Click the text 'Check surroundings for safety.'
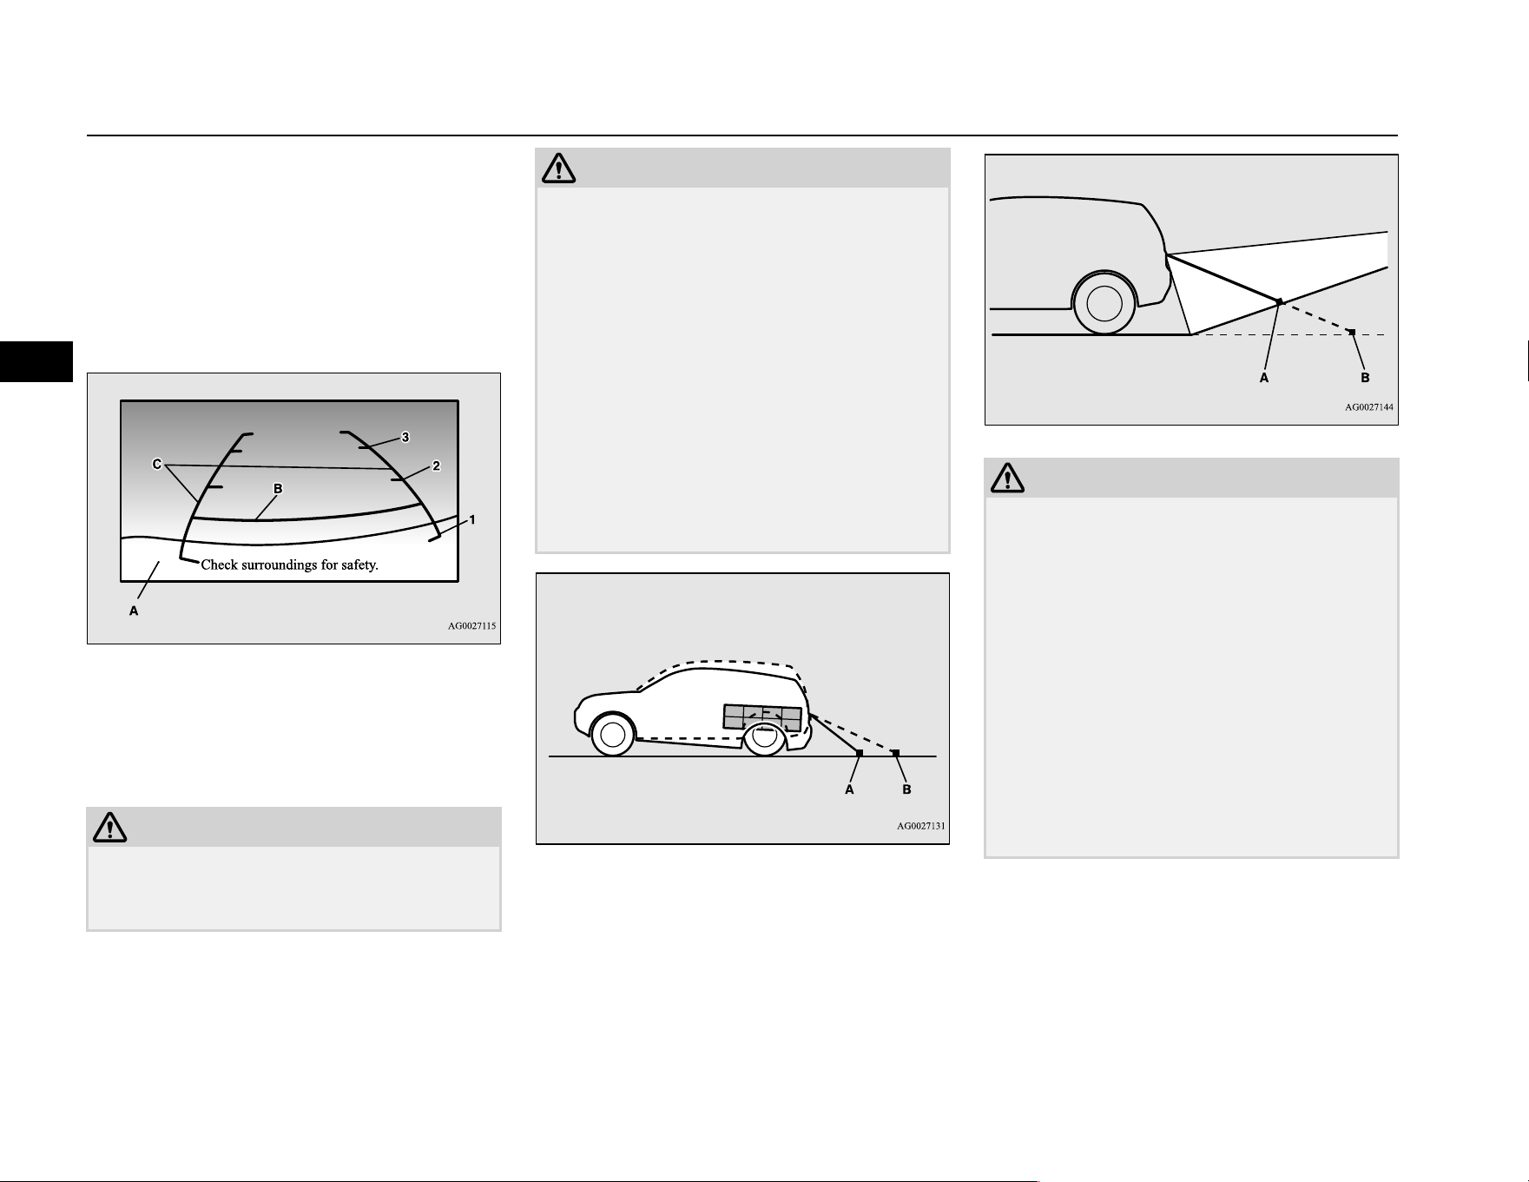(290, 565)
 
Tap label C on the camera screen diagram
(157, 465)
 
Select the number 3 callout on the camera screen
(405, 437)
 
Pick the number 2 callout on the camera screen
(436, 466)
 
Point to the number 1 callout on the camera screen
(472, 519)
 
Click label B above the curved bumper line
(278, 489)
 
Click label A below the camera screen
(134, 611)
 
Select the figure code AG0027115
(472, 625)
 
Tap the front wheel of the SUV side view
(612, 735)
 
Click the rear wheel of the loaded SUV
(764, 737)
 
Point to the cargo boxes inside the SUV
(762, 717)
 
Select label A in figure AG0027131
(850, 789)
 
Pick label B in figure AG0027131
(906, 789)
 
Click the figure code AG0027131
(921, 826)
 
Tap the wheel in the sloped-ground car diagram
(1104, 302)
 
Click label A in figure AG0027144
(1264, 378)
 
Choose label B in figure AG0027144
(1365, 378)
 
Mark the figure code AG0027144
(1369, 406)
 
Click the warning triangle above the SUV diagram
(558, 168)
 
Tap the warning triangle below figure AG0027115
(109, 827)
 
